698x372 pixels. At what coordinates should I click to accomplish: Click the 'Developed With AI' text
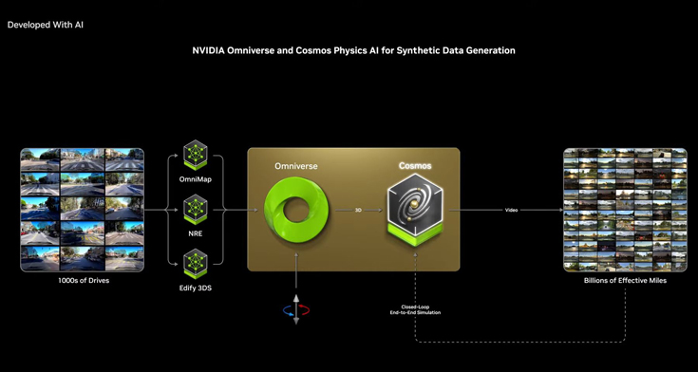(46, 24)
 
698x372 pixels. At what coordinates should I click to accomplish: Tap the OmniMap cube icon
(196, 154)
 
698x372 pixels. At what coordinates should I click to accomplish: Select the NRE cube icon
(196, 207)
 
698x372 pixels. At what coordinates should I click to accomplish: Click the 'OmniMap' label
(196, 179)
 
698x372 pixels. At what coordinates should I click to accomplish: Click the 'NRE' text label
(196, 232)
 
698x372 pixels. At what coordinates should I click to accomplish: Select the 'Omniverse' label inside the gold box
(295, 165)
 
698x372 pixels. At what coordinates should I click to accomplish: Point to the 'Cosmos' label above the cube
(415, 166)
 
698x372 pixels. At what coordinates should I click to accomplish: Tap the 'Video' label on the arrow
(511, 210)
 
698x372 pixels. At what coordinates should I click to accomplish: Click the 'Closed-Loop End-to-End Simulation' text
(415, 310)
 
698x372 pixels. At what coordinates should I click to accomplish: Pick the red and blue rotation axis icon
(296, 309)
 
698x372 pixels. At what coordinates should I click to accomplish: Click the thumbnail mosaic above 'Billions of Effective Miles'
(625, 210)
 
